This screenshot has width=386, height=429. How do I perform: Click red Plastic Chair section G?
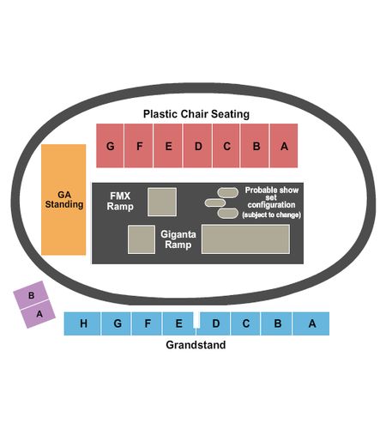(x=110, y=146)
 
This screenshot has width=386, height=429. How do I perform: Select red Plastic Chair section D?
(x=197, y=146)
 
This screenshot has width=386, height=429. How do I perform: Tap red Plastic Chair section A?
(x=284, y=146)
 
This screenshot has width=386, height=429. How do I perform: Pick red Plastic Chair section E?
(x=168, y=146)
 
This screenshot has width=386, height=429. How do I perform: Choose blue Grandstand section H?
(x=82, y=323)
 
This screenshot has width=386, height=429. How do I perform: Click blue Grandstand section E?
(x=178, y=323)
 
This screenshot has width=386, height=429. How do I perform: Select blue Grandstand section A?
(x=311, y=323)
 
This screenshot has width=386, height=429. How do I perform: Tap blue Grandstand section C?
(x=245, y=323)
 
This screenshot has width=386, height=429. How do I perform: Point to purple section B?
(x=32, y=295)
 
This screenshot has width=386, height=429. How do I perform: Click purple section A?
(x=39, y=314)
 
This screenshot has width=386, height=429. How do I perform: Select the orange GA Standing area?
(x=63, y=200)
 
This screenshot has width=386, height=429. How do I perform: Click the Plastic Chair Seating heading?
(x=196, y=114)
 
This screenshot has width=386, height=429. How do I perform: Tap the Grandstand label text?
(x=196, y=345)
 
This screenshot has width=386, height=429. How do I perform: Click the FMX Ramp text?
(x=120, y=201)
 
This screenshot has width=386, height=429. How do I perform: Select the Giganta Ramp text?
(x=178, y=239)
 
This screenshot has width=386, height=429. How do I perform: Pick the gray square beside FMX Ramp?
(x=162, y=202)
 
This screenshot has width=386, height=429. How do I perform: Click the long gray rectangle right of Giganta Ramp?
(x=245, y=239)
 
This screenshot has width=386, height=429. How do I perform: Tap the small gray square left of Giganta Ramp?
(x=142, y=239)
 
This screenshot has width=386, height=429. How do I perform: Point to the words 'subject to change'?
(x=271, y=214)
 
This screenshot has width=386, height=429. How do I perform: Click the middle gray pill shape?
(x=215, y=202)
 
